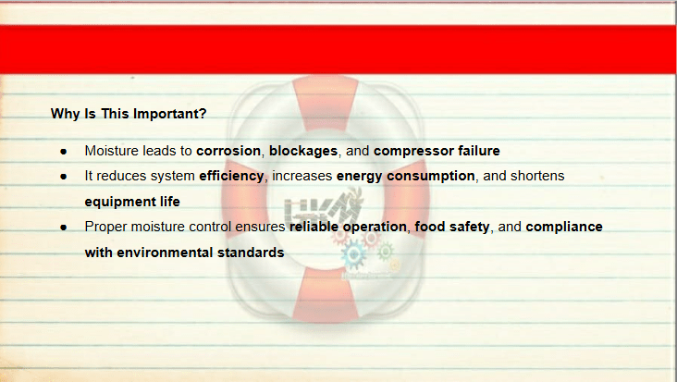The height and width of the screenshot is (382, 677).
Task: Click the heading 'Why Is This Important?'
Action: coord(129,114)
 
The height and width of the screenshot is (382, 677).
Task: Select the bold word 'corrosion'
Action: coord(228,151)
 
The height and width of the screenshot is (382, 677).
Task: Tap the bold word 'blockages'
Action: coord(303,151)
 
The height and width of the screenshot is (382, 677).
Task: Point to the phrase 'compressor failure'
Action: coord(437,151)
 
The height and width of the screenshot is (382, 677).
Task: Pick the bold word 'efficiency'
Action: coord(231,176)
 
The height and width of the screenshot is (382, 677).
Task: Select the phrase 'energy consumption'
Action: coord(405,176)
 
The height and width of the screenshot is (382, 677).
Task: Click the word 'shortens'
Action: coord(537,176)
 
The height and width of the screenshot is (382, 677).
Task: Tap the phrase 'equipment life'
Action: coord(132,202)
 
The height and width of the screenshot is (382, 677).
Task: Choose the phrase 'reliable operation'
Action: coord(348,227)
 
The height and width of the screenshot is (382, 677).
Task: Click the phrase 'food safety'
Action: coord(452,227)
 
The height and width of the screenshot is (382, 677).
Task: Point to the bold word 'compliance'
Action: coord(564,227)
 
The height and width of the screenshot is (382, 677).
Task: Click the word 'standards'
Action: coord(251,253)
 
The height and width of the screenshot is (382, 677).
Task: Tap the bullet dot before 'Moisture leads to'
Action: coord(64,152)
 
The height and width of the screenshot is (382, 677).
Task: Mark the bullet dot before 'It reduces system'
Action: coord(64,177)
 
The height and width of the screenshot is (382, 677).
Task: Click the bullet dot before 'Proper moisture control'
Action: coord(64,228)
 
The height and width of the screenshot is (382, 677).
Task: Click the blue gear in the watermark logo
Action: coord(353,254)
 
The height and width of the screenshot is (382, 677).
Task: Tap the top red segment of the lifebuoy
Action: coord(326,103)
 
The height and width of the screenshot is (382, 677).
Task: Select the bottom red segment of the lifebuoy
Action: coord(326,295)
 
